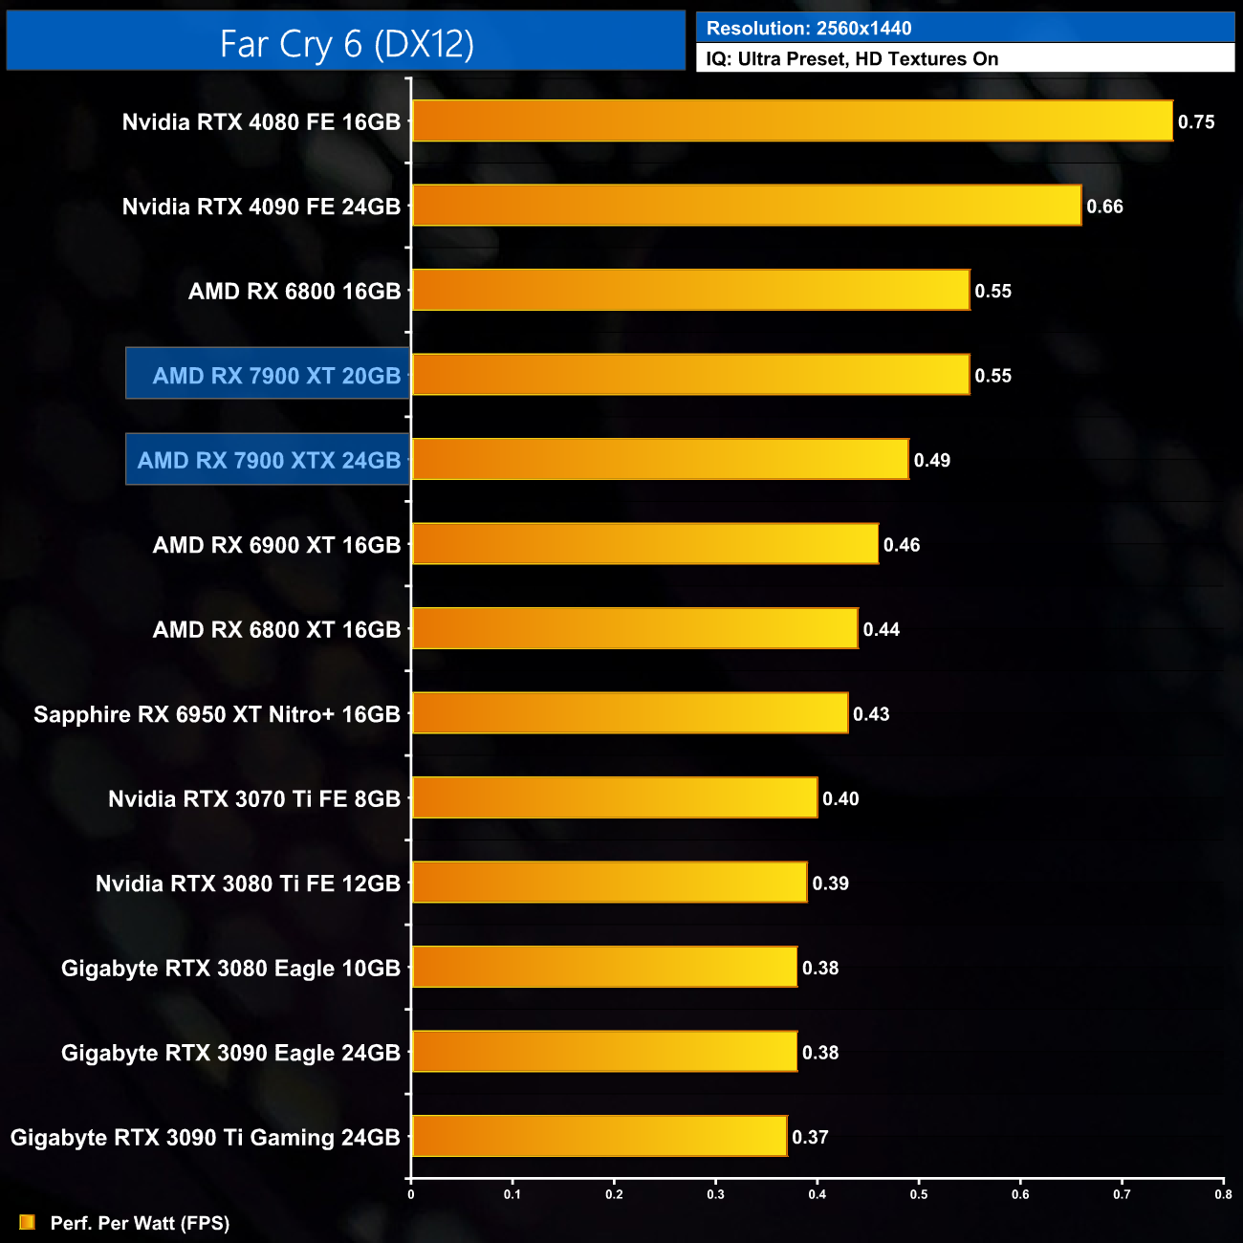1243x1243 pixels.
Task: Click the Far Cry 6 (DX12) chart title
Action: (346, 43)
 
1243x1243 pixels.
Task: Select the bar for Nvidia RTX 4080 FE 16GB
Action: (792, 121)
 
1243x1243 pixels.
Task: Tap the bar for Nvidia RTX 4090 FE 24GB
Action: (746, 206)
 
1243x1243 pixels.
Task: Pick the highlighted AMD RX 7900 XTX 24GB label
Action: (269, 460)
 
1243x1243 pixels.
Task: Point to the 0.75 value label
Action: (1196, 121)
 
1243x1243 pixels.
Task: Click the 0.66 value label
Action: (1104, 207)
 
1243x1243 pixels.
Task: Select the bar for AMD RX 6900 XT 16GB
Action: (644, 544)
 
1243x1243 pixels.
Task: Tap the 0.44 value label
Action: (882, 629)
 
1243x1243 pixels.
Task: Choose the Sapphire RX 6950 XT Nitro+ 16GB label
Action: (217, 714)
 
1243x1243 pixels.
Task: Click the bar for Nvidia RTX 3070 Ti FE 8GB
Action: (614, 797)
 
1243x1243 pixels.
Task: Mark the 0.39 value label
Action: (830, 883)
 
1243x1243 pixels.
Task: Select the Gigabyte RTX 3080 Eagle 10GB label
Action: (230, 968)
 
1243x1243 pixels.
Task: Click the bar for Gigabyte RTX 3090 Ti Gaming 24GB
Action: (599, 1136)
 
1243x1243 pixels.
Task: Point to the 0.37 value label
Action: (810, 1137)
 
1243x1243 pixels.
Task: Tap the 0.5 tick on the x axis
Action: (919, 1193)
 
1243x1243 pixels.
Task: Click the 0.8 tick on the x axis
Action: (1223, 1193)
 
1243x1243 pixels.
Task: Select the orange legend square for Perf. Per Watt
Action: (27, 1222)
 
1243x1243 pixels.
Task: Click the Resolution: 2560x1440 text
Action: (809, 28)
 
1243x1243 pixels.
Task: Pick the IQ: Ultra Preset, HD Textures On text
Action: (852, 58)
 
